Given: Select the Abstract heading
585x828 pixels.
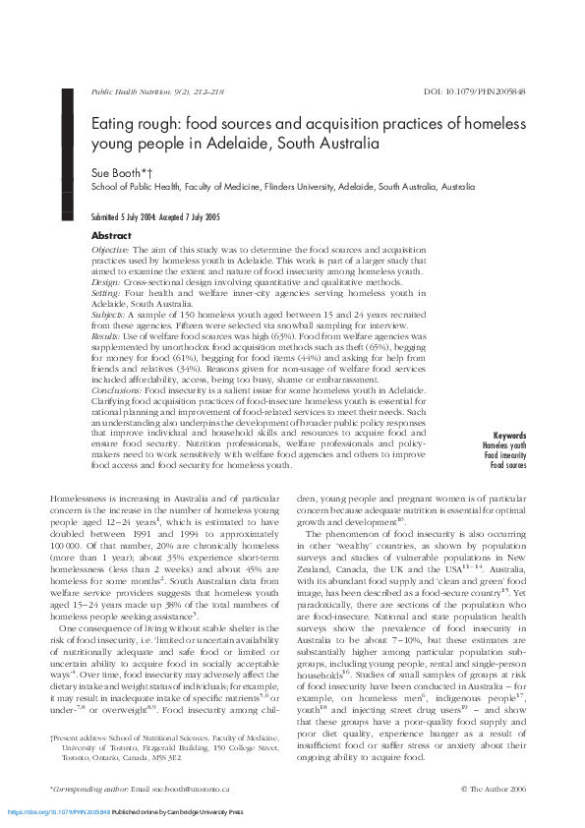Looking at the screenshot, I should [111, 236].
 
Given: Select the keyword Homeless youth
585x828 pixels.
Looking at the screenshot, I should [503, 445].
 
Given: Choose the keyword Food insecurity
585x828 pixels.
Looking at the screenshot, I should [503, 455].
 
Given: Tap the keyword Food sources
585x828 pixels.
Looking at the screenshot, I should [507, 465].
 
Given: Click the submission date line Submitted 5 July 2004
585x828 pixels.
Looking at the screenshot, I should [127, 216].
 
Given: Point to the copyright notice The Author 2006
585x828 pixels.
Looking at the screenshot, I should [497, 789].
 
